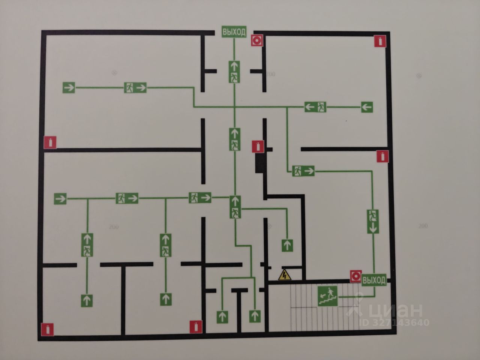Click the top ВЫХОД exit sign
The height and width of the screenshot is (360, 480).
pyautogui.click(x=234, y=32)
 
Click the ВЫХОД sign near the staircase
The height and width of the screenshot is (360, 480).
pyautogui.click(x=374, y=280)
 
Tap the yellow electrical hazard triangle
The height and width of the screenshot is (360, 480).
pyautogui.click(x=285, y=276)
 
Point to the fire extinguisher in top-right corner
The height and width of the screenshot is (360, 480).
pyautogui.click(x=381, y=41)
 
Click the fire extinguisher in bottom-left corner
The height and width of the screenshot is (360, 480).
pyautogui.click(x=48, y=329)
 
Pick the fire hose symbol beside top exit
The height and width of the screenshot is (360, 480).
pyautogui.click(x=257, y=40)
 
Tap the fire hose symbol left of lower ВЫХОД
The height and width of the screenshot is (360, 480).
pyautogui.click(x=355, y=276)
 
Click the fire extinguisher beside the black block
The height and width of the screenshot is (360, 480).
pyautogui.click(x=258, y=146)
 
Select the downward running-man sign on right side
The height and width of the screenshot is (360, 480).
pyautogui.click(x=373, y=222)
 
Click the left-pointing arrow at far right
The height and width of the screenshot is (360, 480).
pyautogui.click(x=367, y=107)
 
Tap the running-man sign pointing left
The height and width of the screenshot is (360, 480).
pyautogui.click(x=315, y=107)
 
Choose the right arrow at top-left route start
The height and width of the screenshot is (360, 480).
pyautogui.click(x=69, y=88)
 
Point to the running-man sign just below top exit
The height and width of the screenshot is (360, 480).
pyautogui.click(x=235, y=71)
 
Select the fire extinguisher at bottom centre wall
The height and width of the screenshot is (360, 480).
pyautogui.click(x=196, y=327)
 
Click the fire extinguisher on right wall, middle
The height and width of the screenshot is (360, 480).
pyautogui.click(x=382, y=156)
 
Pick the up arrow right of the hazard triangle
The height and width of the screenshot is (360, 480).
pyautogui.click(x=287, y=245)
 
